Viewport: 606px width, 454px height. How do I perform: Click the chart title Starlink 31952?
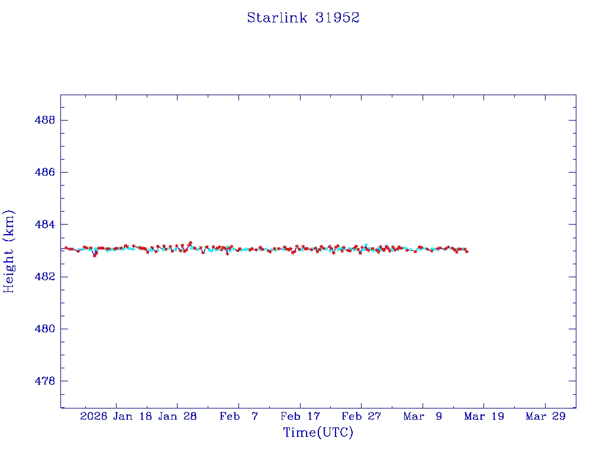pyautogui.click(x=303, y=18)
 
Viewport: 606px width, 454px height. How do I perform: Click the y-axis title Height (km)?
pyautogui.click(x=9, y=251)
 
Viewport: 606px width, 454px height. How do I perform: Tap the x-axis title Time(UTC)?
pyautogui.click(x=318, y=433)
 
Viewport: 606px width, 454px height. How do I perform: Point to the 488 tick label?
pyautogui.click(x=46, y=120)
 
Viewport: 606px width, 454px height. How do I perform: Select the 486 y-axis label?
pyautogui.click(x=46, y=172)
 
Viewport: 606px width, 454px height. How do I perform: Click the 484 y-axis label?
pyautogui.click(x=46, y=225)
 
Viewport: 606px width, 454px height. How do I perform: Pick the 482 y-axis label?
pyautogui.click(x=46, y=277)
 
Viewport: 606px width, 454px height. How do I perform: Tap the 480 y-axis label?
pyautogui.click(x=46, y=329)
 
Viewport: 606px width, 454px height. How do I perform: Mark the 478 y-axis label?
pyautogui.click(x=46, y=381)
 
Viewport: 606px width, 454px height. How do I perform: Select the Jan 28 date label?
pyautogui.click(x=178, y=416)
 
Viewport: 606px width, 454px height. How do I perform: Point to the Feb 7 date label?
pyautogui.click(x=239, y=416)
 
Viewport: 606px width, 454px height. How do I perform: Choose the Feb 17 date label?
pyautogui.click(x=300, y=416)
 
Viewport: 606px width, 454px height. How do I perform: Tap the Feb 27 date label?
pyautogui.click(x=362, y=416)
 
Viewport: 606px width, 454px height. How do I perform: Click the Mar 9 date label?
pyautogui.click(x=423, y=416)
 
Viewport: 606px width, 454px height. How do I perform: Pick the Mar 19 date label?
pyautogui.click(x=484, y=416)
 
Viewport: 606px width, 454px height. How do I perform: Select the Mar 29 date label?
pyautogui.click(x=546, y=416)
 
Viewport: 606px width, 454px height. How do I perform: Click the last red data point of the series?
pyautogui.click(x=467, y=251)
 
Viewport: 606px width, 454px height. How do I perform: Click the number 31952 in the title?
pyautogui.click(x=337, y=18)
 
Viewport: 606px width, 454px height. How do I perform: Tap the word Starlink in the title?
pyautogui.click(x=277, y=18)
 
